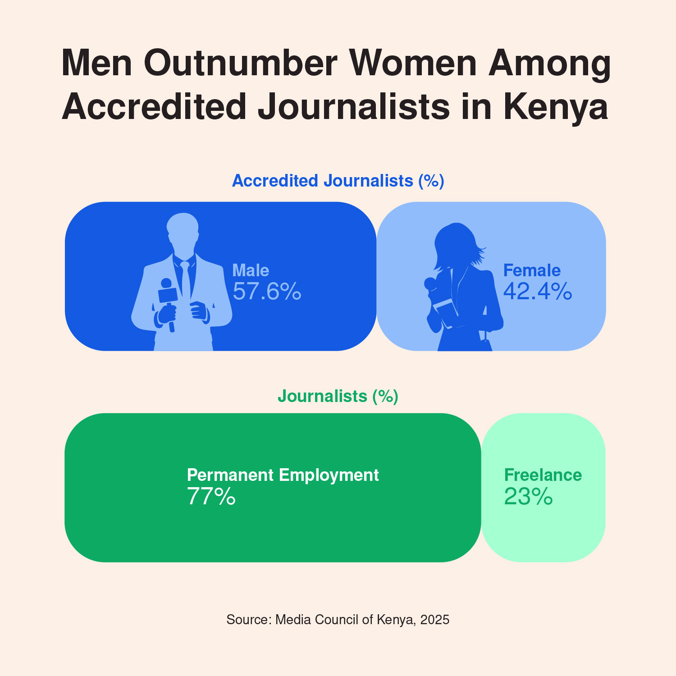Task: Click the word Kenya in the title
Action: click(x=556, y=107)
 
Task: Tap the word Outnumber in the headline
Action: click(x=241, y=63)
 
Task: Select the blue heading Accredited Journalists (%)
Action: click(x=338, y=181)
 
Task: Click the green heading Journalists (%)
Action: click(x=338, y=396)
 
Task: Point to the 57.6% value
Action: click(x=267, y=291)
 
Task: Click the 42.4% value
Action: click(x=538, y=291)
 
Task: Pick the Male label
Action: click(x=251, y=270)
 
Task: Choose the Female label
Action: click(x=532, y=270)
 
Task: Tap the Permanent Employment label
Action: click(x=283, y=475)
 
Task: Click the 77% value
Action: click(x=211, y=497)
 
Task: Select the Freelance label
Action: click(x=543, y=475)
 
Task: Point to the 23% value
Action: click(x=528, y=497)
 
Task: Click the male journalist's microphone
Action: click(x=167, y=293)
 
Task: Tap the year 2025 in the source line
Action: click(x=435, y=620)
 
